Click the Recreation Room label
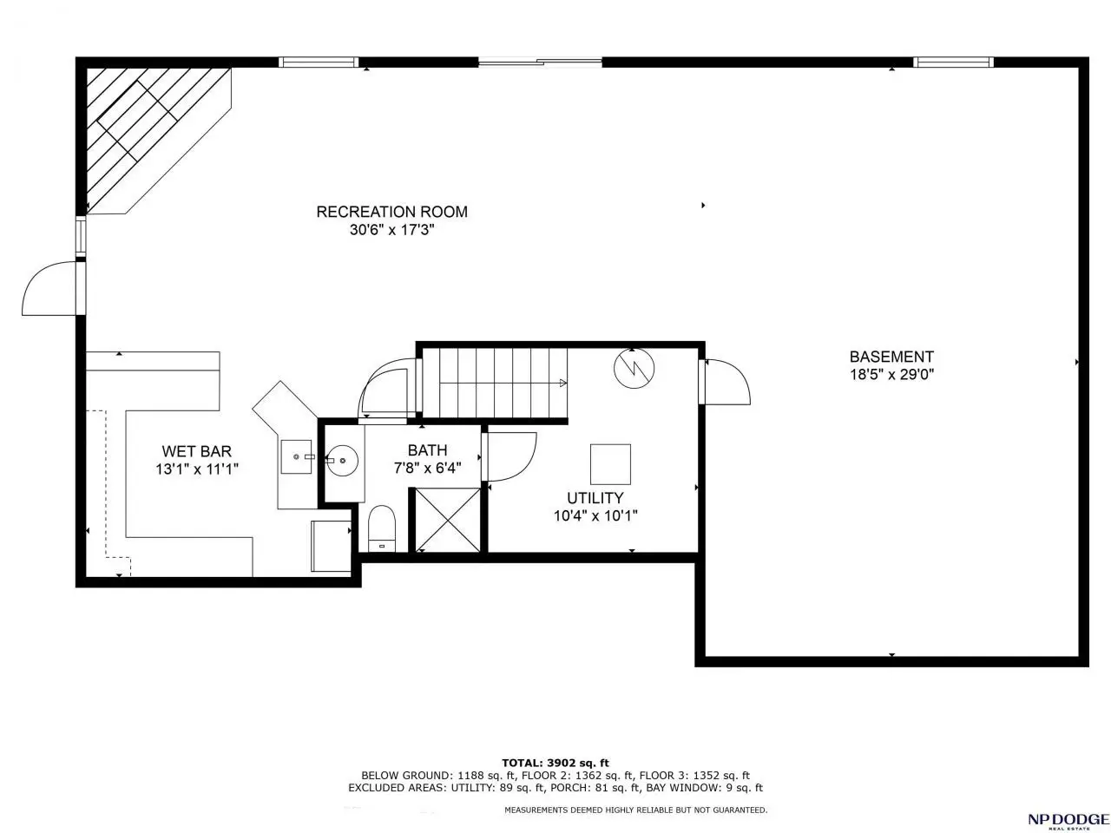pyautogui.click(x=391, y=212)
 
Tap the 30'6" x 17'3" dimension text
pyautogui.click(x=392, y=230)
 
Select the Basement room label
pyautogui.click(x=891, y=357)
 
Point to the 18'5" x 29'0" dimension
pyautogui.click(x=891, y=375)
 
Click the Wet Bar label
pyautogui.click(x=196, y=450)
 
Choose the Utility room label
pyautogui.click(x=595, y=498)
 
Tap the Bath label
pyautogui.click(x=427, y=449)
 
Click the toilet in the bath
pyautogui.click(x=381, y=529)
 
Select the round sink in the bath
pyautogui.click(x=342, y=460)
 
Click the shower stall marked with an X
pyautogui.click(x=447, y=520)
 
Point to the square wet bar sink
pyautogui.click(x=297, y=456)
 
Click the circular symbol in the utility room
pyautogui.click(x=634, y=369)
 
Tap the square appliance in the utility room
pyautogui.click(x=610, y=464)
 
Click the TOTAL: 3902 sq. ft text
pyautogui.click(x=555, y=763)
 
